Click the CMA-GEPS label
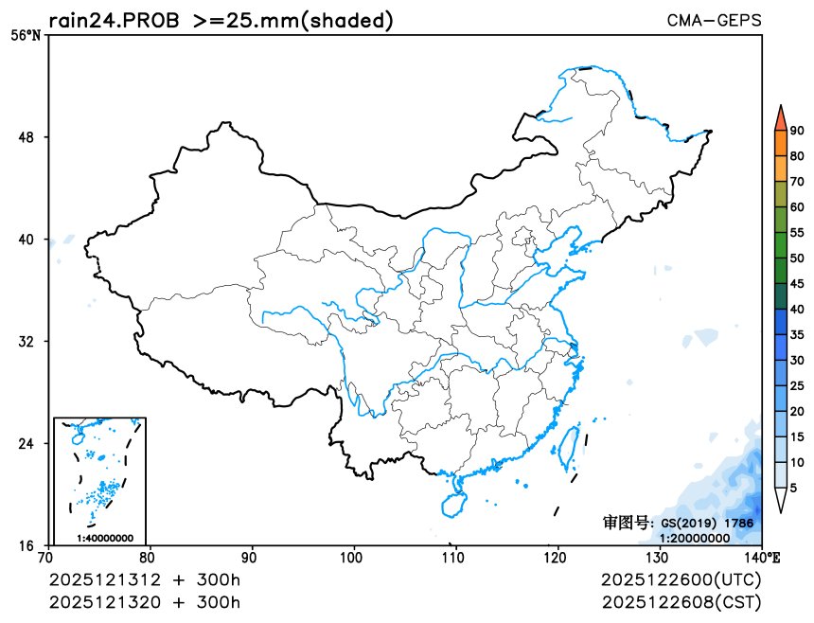pos(714,20)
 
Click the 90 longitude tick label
pos(251,557)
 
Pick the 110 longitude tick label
pos(455,557)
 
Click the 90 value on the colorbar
pos(797,132)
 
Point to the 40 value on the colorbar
pos(797,310)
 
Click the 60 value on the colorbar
pos(797,207)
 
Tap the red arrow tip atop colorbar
pos(780,116)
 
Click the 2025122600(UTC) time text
pos(681,579)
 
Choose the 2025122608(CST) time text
pos(681,602)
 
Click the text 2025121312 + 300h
pos(145,579)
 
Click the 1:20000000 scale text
pos(695,538)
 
